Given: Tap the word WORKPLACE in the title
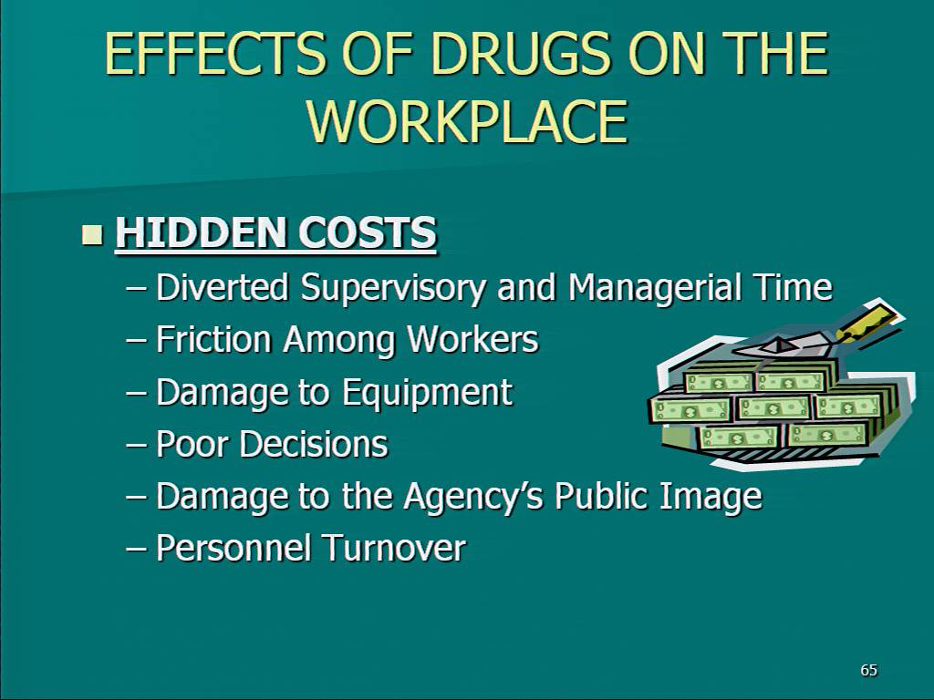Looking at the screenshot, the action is (468, 121).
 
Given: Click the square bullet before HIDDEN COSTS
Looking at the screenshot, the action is (92, 234).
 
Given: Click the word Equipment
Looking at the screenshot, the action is (427, 394).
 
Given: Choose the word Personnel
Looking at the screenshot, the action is (233, 548).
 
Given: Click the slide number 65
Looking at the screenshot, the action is (869, 670).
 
